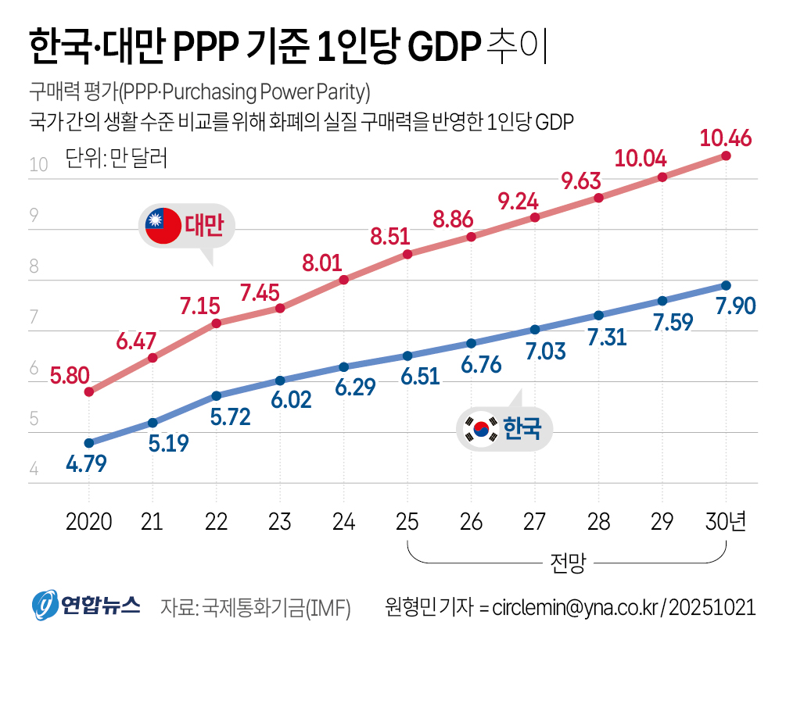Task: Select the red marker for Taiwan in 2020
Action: [x=89, y=392]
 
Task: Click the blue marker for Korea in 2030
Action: [x=726, y=285]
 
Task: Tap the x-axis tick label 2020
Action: [x=89, y=522]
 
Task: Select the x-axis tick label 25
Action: [x=407, y=522]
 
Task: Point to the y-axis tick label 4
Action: [x=34, y=470]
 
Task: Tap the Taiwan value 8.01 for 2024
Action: [x=324, y=262]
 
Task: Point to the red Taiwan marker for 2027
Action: [x=535, y=217]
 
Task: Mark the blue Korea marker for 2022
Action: [x=217, y=396]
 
